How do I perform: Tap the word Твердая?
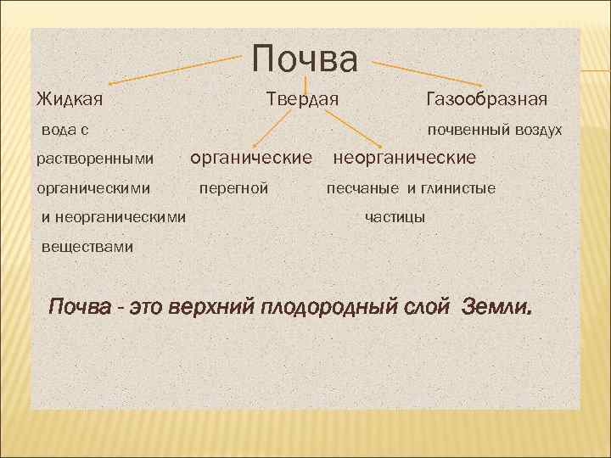click(x=302, y=100)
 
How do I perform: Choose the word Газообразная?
click(x=486, y=100)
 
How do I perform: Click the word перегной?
click(x=233, y=187)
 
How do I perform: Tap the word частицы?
click(x=395, y=218)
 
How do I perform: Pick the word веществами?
click(x=88, y=247)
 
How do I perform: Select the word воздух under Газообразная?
click(x=535, y=130)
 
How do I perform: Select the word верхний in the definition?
click(x=211, y=306)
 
